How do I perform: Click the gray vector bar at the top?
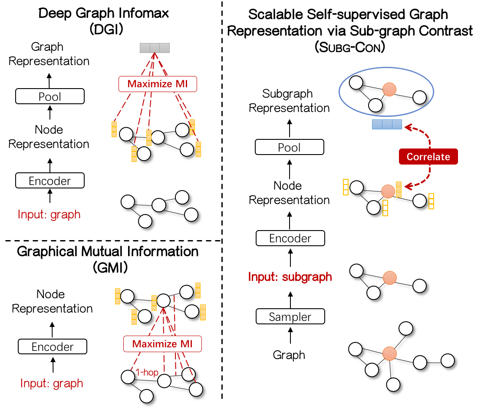point(155,48)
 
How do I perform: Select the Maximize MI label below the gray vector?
point(158,84)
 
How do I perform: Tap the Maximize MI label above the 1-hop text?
point(162,344)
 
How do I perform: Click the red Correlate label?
point(428,157)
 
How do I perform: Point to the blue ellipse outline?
point(386,69)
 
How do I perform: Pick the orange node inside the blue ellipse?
point(389,90)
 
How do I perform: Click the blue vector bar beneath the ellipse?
point(387,125)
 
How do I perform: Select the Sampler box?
point(290,317)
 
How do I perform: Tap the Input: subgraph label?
point(290,277)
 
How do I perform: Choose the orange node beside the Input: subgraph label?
point(389,278)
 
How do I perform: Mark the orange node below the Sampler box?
point(389,353)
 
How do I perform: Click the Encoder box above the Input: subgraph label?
point(290,238)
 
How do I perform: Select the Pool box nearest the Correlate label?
point(289,148)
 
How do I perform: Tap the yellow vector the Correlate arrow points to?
point(399,190)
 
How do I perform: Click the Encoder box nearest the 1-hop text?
point(53,347)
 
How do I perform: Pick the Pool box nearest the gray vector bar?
point(49,96)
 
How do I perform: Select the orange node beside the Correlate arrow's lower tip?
point(388,191)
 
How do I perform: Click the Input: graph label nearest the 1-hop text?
point(52,384)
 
